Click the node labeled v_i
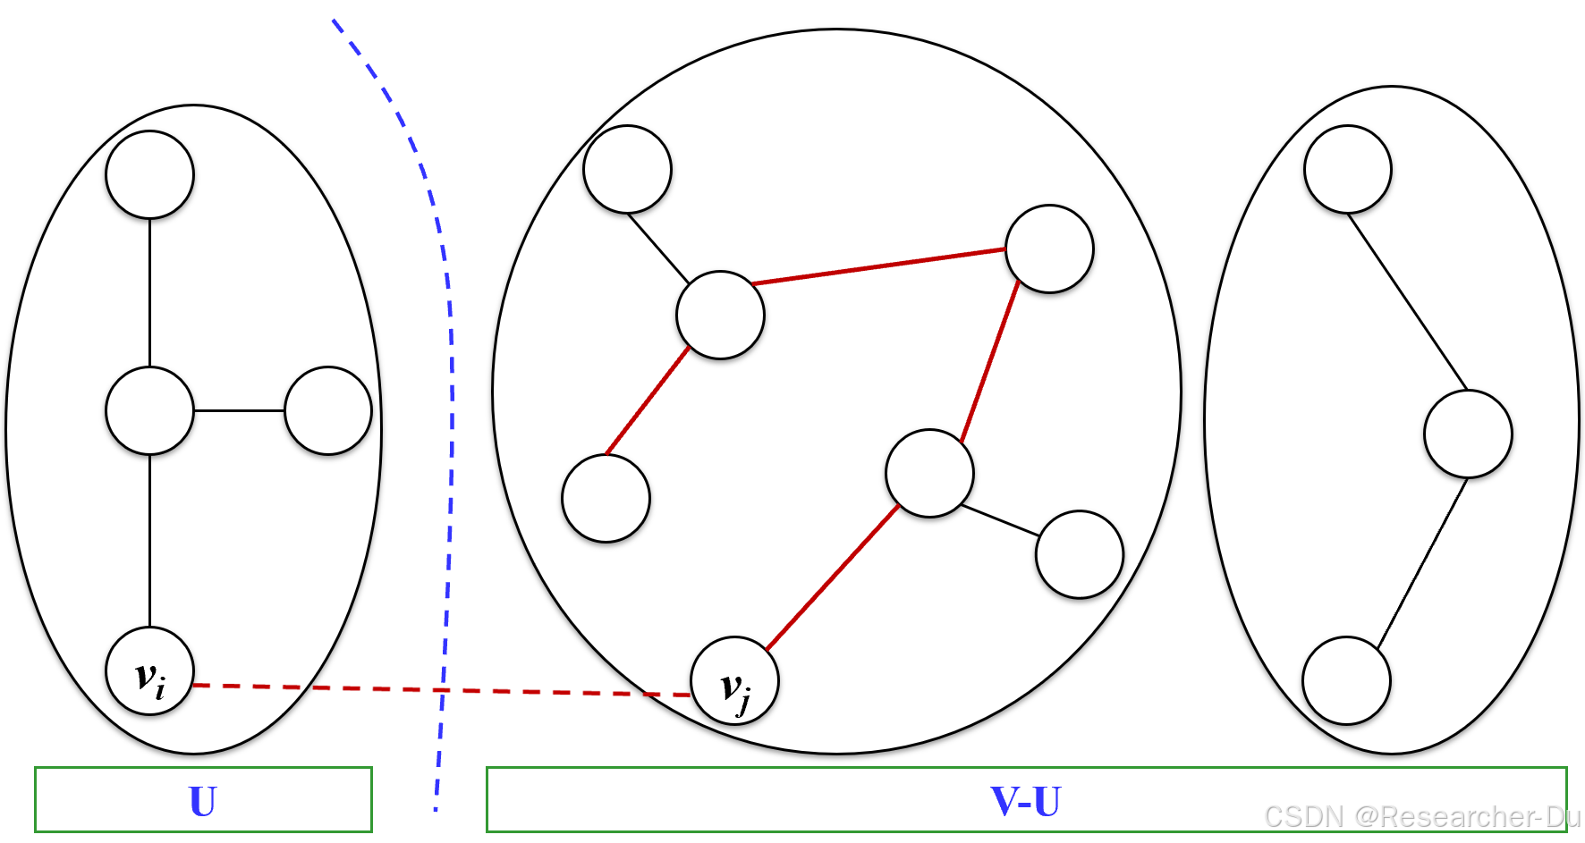click(149, 671)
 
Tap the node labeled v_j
click(734, 680)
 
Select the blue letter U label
click(202, 801)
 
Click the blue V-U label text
click(1025, 801)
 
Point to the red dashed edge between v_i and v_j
click(438, 689)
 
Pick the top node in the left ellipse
click(149, 174)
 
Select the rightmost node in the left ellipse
click(328, 410)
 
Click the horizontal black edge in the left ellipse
click(239, 410)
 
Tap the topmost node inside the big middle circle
click(627, 169)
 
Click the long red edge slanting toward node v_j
click(832, 577)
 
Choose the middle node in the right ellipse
click(1468, 434)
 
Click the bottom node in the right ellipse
click(1346, 680)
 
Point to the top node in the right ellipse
click(1347, 169)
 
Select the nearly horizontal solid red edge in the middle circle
click(878, 266)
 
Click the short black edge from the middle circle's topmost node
click(658, 248)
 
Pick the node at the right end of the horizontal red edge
click(1049, 249)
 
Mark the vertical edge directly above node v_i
click(149, 541)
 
